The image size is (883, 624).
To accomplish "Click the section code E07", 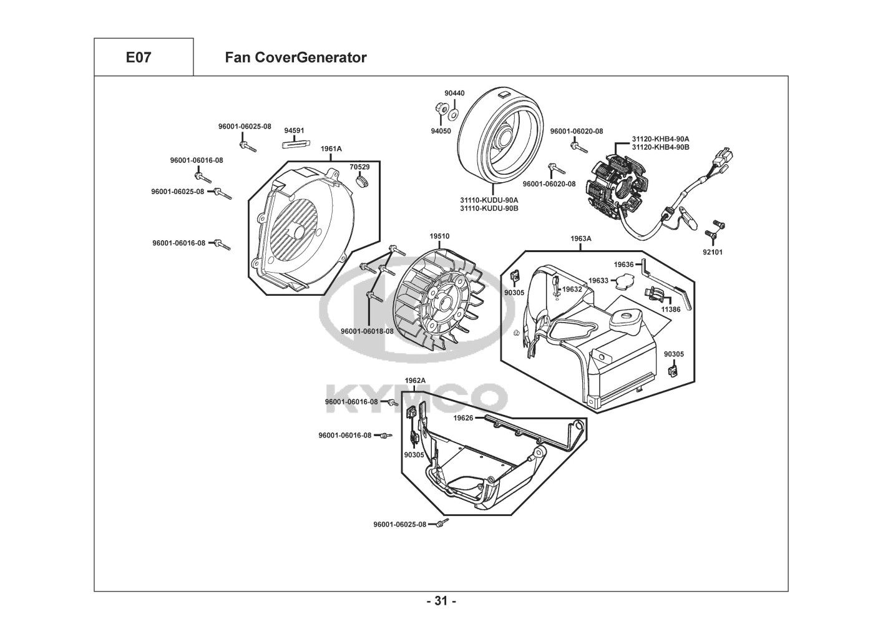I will (138, 58).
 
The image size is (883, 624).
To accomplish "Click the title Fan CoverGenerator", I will (295, 58).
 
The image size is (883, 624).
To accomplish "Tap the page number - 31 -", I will (441, 602).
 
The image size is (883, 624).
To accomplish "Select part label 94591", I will (294, 131).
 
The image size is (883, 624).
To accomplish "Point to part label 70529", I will (359, 167).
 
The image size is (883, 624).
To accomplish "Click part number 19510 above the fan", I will (439, 236).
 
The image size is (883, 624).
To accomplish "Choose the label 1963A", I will (580, 239).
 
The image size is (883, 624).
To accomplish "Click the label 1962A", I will (415, 381).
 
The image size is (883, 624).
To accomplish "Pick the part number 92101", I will (713, 252).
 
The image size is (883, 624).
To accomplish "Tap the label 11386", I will (671, 310).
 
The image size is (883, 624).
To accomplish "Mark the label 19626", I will (463, 418).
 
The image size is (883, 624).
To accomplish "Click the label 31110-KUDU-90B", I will (489, 208).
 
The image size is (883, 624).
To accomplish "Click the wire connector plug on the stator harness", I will (725, 158).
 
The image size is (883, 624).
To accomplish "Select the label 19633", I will (598, 281).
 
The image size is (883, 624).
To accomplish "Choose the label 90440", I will (454, 94).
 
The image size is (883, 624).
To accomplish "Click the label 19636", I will (623, 265).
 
